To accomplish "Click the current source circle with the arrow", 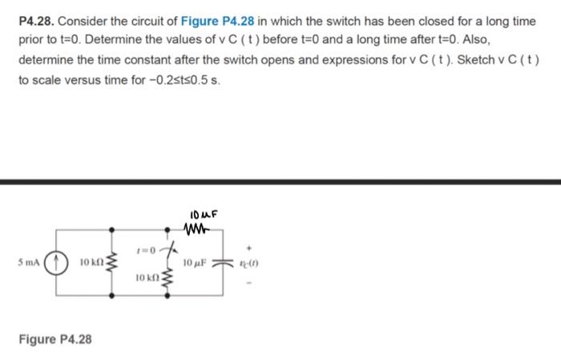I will coord(54,262).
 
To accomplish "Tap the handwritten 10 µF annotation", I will coord(205,214).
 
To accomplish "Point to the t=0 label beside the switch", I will coord(147,250).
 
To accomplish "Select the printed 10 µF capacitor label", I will coord(196,263).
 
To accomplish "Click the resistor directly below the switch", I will coord(168,280).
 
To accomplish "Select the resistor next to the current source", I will coord(111,262).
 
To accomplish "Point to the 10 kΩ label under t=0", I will coord(146,278).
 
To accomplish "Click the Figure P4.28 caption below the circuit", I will coord(55,339).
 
